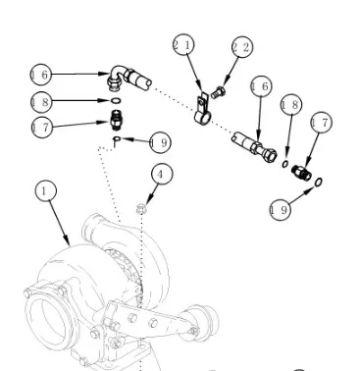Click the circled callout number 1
tap(46, 190)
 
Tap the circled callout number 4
tap(162, 175)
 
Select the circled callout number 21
tap(183, 45)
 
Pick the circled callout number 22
tap(242, 47)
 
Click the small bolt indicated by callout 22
tap(218, 92)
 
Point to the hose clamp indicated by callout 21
tap(203, 110)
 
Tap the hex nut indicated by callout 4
tap(141, 208)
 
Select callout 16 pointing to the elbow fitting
tap(40, 75)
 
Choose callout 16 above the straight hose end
tap(261, 86)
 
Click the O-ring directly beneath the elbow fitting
tap(116, 100)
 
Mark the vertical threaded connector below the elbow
tap(115, 120)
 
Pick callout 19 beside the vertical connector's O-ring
tap(160, 142)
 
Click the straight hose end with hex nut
tap(254, 147)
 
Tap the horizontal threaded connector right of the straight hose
tap(301, 173)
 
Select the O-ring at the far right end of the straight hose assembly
tap(319, 183)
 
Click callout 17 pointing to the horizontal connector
tap(321, 123)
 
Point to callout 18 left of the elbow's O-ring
tap(41, 102)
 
